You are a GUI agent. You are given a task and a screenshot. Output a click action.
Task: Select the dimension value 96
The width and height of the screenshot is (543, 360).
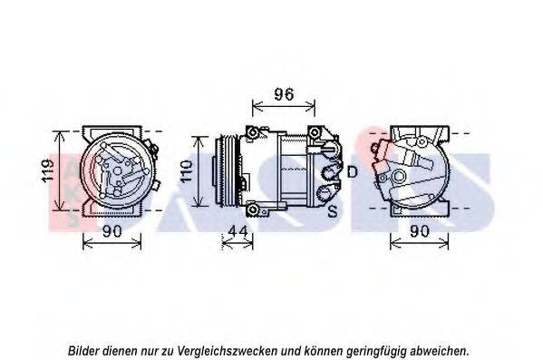click(x=285, y=94)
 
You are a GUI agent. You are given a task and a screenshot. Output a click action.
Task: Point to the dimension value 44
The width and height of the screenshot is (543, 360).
click(x=238, y=232)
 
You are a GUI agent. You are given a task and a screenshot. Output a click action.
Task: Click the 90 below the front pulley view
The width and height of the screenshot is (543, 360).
click(x=112, y=232)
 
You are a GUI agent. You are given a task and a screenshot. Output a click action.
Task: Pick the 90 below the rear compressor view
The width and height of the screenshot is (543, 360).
click(x=420, y=232)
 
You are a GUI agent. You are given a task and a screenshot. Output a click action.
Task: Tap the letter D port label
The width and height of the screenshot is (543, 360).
click(x=352, y=172)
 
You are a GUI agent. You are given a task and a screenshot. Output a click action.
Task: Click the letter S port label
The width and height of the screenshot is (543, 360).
click(x=333, y=211)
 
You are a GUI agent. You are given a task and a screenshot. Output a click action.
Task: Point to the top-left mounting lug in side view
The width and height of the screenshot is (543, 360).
click(x=253, y=135)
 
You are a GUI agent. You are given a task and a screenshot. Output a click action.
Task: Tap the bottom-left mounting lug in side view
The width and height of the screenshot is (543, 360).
click(x=253, y=211)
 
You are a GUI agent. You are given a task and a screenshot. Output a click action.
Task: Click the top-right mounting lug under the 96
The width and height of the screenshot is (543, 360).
click(x=314, y=133)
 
